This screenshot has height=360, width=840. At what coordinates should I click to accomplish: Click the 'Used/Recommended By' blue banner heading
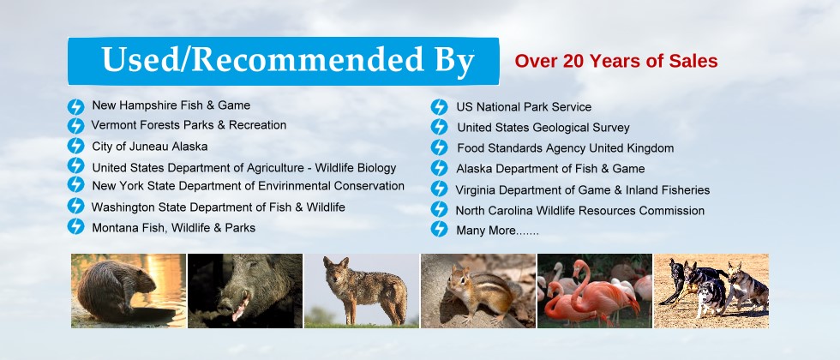pyautogui.click(x=284, y=61)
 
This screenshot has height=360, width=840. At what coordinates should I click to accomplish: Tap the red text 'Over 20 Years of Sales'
pyautogui.click(x=616, y=61)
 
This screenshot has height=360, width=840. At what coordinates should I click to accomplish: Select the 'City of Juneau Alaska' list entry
pyautogui.click(x=149, y=147)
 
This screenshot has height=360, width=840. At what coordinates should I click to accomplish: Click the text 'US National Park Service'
pyautogui.click(x=524, y=107)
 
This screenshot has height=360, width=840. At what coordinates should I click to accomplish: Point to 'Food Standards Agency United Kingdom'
pyautogui.click(x=565, y=147)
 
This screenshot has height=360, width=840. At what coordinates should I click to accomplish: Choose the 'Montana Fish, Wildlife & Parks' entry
pyautogui.click(x=173, y=228)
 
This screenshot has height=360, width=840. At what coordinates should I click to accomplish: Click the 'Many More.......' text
pyautogui.click(x=497, y=231)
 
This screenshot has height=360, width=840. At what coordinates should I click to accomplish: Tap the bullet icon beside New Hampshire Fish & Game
pyautogui.click(x=75, y=106)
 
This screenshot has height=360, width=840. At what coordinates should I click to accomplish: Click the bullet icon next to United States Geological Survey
pyautogui.click(x=439, y=127)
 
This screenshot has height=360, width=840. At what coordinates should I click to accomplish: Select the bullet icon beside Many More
pyautogui.click(x=439, y=230)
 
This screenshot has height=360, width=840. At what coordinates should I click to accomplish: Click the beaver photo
pyautogui.click(x=129, y=291)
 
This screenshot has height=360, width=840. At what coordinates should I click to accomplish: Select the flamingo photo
pyautogui.click(x=595, y=291)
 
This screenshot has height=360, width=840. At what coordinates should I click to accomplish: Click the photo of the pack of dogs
pyautogui.click(x=711, y=291)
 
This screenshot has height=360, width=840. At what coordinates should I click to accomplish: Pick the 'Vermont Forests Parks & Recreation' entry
pyautogui.click(x=189, y=125)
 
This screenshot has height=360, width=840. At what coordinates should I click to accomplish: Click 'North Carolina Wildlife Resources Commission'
pyautogui.click(x=580, y=211)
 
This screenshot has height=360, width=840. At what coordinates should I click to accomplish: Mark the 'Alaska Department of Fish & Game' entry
pyautogui.click(x=550, y=169)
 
